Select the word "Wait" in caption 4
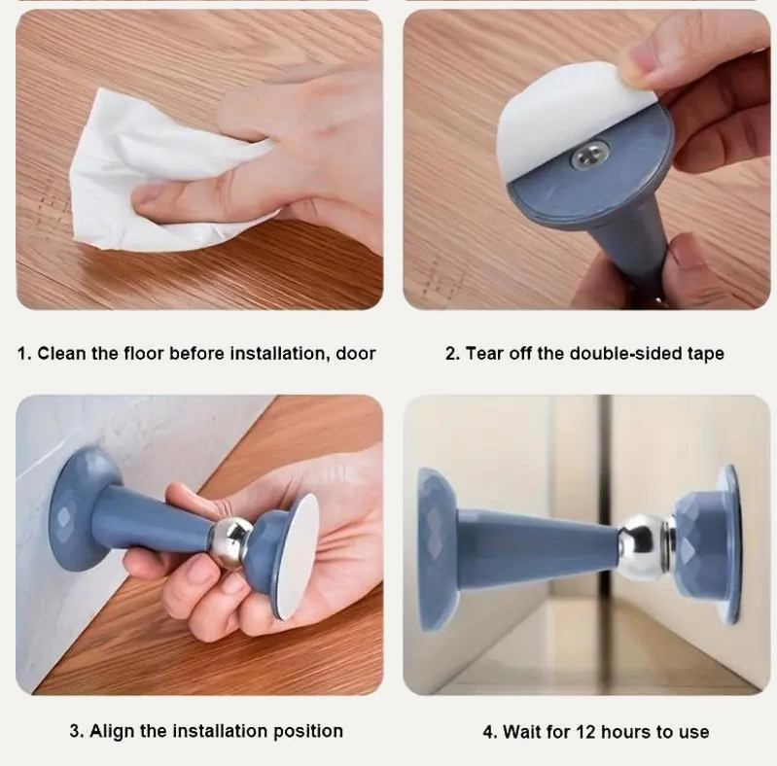519,732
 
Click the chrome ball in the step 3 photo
231,541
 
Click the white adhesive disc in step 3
298,557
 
